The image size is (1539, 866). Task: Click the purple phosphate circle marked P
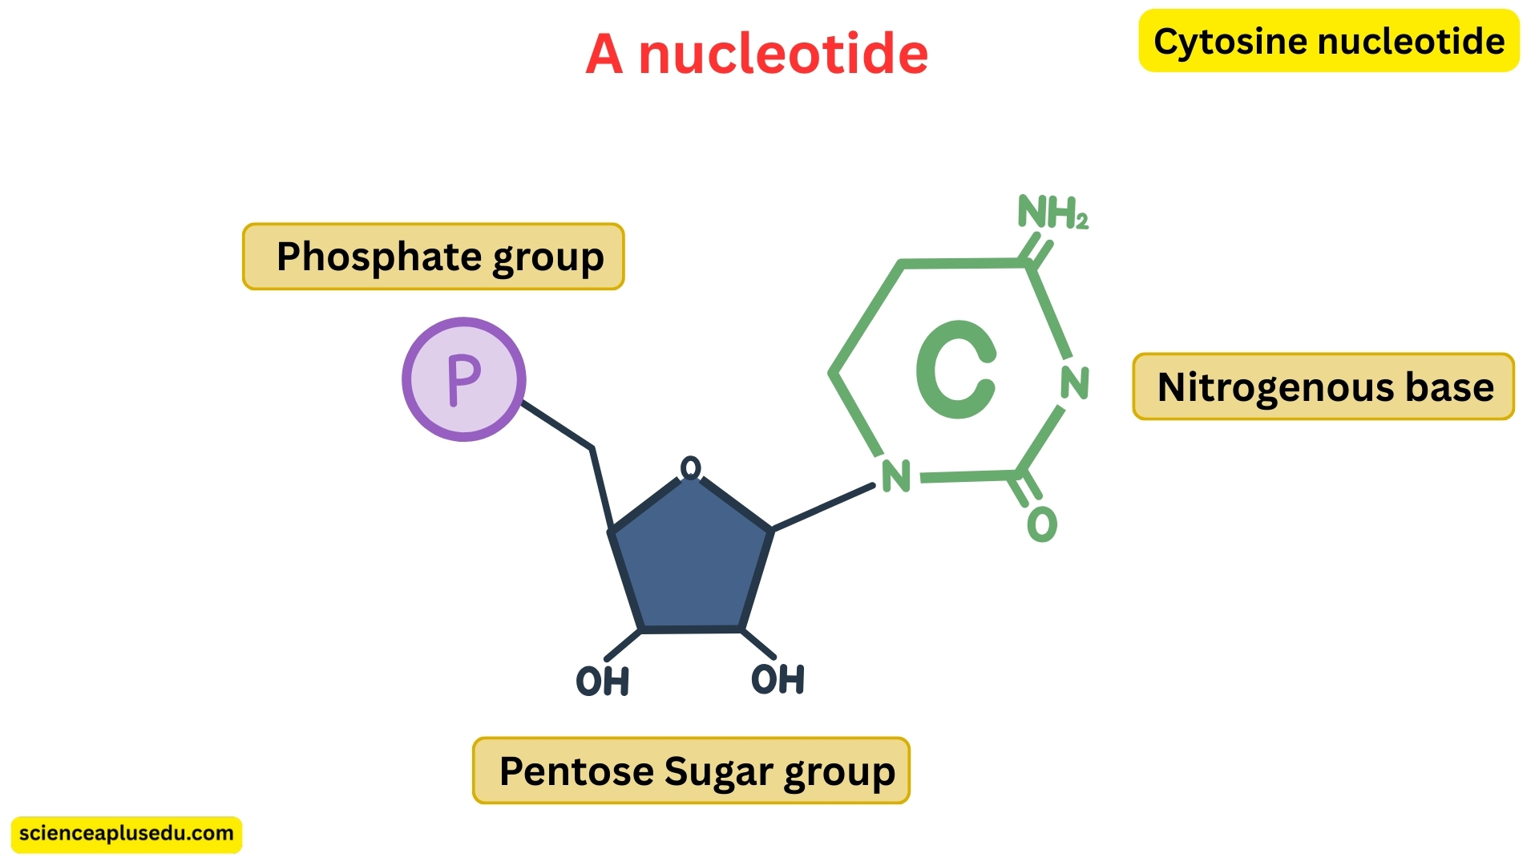(x=463, y=379)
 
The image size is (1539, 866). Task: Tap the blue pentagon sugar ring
(x=691, y=561)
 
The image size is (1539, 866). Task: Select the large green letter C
(x=956, y=370)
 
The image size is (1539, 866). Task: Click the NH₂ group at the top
(x=1052, y=213)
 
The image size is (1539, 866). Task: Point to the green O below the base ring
(x=1042, y=524)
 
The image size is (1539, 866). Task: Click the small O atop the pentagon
(x=690, y=467)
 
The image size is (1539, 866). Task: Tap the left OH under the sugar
(x=603, y=682)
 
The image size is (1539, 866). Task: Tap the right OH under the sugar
(x=778, y=679)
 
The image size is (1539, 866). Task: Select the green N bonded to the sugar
(x=896, y=476)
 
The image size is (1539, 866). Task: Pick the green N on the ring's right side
(x=1075, y=382)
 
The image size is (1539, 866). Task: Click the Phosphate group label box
(x=434, y=257)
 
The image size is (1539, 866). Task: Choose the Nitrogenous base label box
(x=1323, y=386)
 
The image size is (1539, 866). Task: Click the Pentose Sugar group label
(x=691, y=771)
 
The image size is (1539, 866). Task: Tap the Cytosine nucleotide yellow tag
(x=1328, y=41)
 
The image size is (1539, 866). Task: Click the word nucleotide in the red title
(x=782, y=55)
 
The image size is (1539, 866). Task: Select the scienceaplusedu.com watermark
(x=127, y=834)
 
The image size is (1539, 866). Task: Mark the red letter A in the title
(x=604, y=55)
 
